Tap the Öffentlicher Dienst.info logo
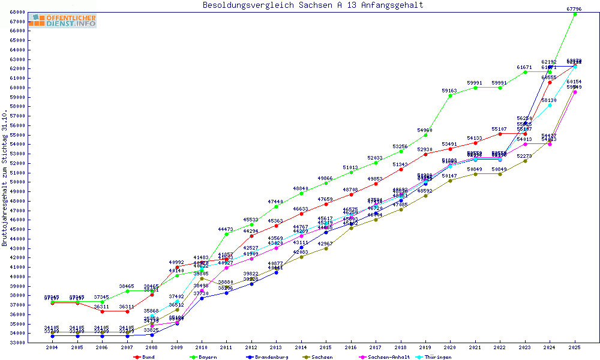pos(62,20)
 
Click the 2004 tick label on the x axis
pos(53,347)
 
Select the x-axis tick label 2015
pos(326,347)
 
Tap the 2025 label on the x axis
pos(574,347)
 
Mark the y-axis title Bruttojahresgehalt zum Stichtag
pos(5,179)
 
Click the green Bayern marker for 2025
pos(574,14)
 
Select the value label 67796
pos(574,8)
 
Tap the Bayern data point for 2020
pos(450,95)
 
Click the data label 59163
pos(450,90)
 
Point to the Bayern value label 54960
pos(425,130)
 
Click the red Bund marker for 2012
pos(251,236)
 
